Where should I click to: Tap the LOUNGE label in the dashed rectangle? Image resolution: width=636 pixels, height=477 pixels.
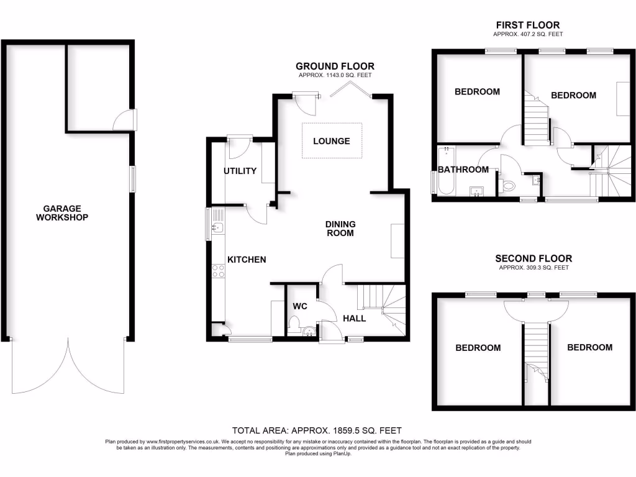[331, 141]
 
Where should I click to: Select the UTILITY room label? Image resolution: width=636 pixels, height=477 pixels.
[240, 171]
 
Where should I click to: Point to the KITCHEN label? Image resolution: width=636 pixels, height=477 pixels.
[246, 260]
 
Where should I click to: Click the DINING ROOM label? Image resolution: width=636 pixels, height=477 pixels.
[340, 229]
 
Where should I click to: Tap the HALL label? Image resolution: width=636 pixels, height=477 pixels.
[355, 318]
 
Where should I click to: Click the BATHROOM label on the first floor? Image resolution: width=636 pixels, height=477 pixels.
[463, 170]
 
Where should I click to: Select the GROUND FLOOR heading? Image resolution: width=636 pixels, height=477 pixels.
[335, 66]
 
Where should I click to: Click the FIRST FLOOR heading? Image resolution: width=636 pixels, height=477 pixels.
[527, 25]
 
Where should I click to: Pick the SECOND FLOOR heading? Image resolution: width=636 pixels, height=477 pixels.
[534, 258]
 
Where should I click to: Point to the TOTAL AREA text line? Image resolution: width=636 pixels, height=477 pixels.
[317, 430]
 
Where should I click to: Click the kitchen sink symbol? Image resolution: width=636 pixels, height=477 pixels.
[217, 228]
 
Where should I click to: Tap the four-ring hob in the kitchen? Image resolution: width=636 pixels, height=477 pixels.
[219, 270]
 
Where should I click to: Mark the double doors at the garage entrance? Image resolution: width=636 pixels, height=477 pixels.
[68, 366]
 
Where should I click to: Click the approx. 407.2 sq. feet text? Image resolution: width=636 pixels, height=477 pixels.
[527, 35]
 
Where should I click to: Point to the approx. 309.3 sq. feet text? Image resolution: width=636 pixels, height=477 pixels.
[534, 268]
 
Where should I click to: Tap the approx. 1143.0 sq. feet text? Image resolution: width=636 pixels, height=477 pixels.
[335, 76]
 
